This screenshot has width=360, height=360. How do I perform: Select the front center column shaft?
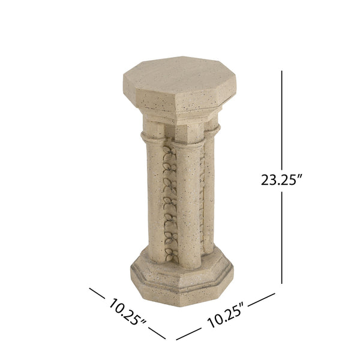[x=188, y=204]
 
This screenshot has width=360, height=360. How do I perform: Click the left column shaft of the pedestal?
[x=154, y=198]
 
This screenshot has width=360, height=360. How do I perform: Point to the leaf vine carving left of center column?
[x=170, y=204]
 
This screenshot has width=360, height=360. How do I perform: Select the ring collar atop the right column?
[x=212, y=128]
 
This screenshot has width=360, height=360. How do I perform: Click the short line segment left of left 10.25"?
[x=99, y=293]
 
